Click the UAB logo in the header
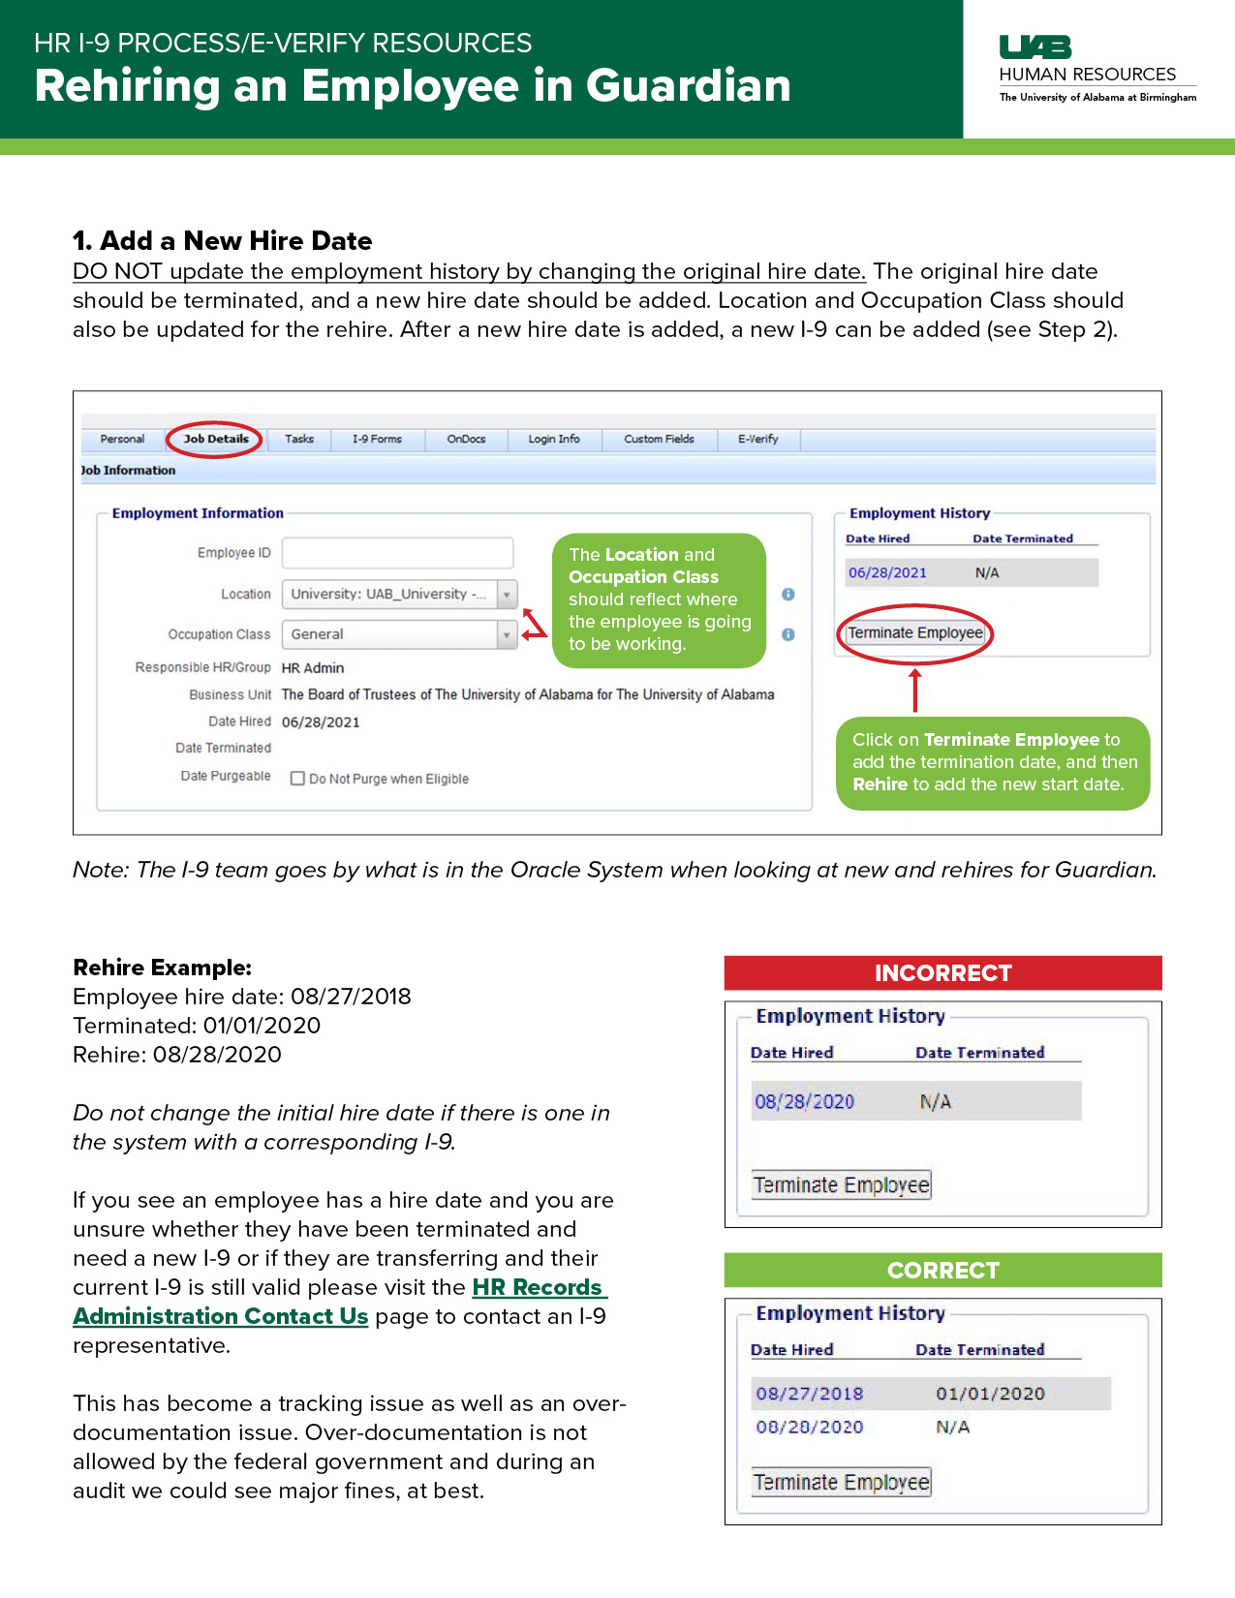point(1034,46)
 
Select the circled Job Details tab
point(216,439)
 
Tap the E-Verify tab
point(757,439)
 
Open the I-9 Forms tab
point(377,439)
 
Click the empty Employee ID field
point(397,553)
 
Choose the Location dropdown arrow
point(507,594)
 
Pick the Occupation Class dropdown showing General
point(398,634)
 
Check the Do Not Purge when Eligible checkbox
point(298,779)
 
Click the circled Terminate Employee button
point(915,633)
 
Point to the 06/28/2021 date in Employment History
point(887,572)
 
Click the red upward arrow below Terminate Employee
point(914,689)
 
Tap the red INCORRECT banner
point(942,973)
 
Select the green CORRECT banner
point(942,1270)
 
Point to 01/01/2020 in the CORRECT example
point(990,1394)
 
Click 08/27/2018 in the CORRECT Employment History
point(809,1394)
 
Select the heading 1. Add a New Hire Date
point(223,240)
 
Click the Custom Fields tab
point(659,439)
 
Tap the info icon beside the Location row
point(788,594)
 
